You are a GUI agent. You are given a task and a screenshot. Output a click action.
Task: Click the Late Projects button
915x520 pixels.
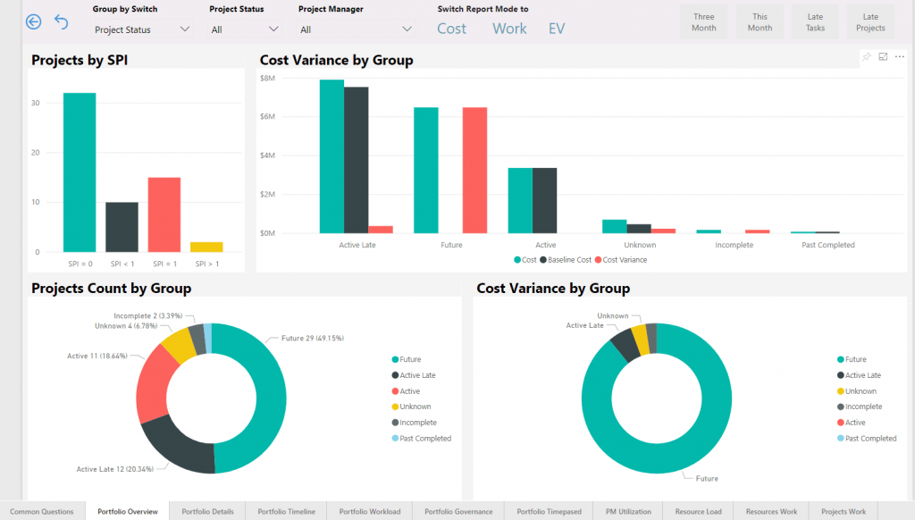coord(869,22)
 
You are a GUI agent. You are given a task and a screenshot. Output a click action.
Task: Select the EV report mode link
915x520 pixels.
coord(557,29)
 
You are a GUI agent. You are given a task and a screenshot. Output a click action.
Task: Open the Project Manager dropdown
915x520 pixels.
coord(356,29)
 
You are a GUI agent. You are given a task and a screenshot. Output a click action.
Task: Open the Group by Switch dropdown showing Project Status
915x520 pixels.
coord(142,29)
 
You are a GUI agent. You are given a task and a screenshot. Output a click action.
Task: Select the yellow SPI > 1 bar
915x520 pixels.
coord(206,247)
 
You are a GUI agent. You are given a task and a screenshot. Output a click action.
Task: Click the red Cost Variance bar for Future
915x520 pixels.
coord(474,170)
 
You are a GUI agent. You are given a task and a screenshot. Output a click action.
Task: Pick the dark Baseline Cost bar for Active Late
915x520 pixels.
coord(356,160)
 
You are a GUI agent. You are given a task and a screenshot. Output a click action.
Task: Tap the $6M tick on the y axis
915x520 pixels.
coord(266,116)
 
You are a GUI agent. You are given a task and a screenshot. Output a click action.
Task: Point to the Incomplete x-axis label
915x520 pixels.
coord(734,245)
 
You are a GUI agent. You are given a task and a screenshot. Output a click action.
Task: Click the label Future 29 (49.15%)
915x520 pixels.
coord(313,339)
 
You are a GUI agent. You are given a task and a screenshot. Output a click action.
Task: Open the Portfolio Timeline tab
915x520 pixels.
coord(286,512)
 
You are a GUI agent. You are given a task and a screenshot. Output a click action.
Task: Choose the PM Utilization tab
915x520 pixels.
coord(628,512)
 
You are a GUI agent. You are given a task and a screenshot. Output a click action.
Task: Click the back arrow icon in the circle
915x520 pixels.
coord(34,21)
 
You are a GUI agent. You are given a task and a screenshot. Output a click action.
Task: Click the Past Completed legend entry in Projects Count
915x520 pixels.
coord(424,439)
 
